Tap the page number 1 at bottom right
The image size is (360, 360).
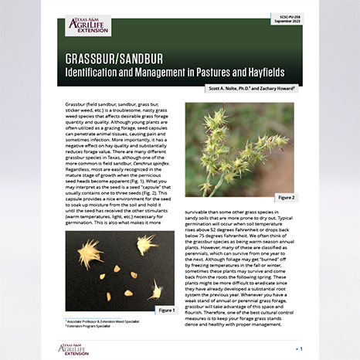(311, 348)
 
